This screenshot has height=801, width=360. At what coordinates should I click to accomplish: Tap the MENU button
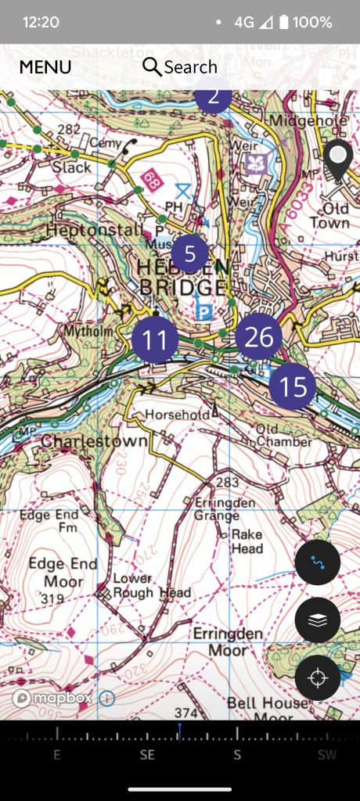tap(45, 67)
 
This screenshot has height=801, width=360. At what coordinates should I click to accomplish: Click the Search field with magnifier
tap(180, 67)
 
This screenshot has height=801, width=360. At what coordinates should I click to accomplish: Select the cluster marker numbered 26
tap(259, 336)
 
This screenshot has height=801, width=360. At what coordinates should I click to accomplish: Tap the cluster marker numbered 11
tap(155, 340)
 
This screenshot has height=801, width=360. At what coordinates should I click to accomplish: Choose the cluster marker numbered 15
tap(292, 386)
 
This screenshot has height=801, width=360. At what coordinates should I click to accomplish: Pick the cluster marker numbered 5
tap(189, 252)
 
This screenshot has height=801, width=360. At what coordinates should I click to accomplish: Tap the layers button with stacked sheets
tap(317, 620)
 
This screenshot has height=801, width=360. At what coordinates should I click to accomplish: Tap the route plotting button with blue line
tap(317, 562)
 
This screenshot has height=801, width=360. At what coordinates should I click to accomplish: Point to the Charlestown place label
tap(94, 441)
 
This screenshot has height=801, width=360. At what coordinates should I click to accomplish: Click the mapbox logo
tap(52, 698)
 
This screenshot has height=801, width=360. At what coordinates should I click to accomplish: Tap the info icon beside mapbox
tap(107, 698)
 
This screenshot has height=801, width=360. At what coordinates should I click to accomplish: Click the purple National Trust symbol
tap(257, 164)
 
